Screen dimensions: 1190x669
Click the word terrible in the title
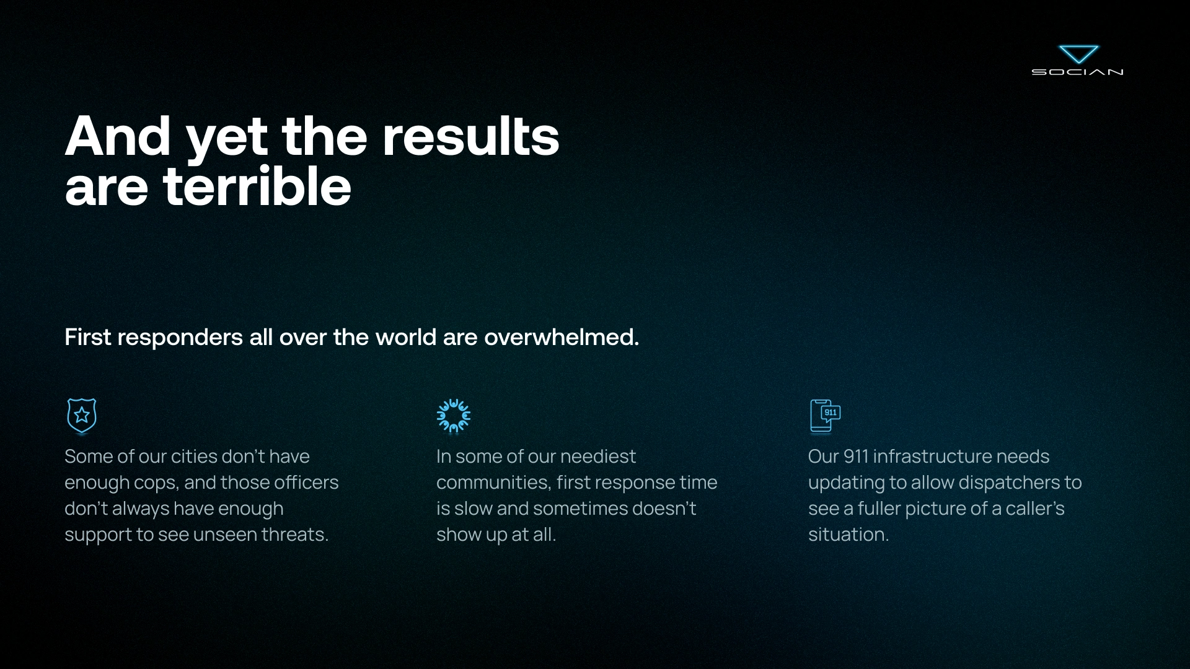257,186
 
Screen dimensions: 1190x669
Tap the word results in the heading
470,136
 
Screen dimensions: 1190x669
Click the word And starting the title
118,136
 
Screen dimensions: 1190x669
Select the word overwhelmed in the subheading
562,337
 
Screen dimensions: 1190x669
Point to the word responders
180,338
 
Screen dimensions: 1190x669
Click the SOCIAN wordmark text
1078,72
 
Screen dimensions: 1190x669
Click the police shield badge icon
82,415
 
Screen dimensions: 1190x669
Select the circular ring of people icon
454,416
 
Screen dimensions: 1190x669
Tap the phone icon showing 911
826,416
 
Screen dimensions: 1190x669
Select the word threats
295,534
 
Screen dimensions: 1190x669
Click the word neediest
598,456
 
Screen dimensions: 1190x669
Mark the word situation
848,534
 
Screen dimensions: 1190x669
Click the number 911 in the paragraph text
856,456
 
